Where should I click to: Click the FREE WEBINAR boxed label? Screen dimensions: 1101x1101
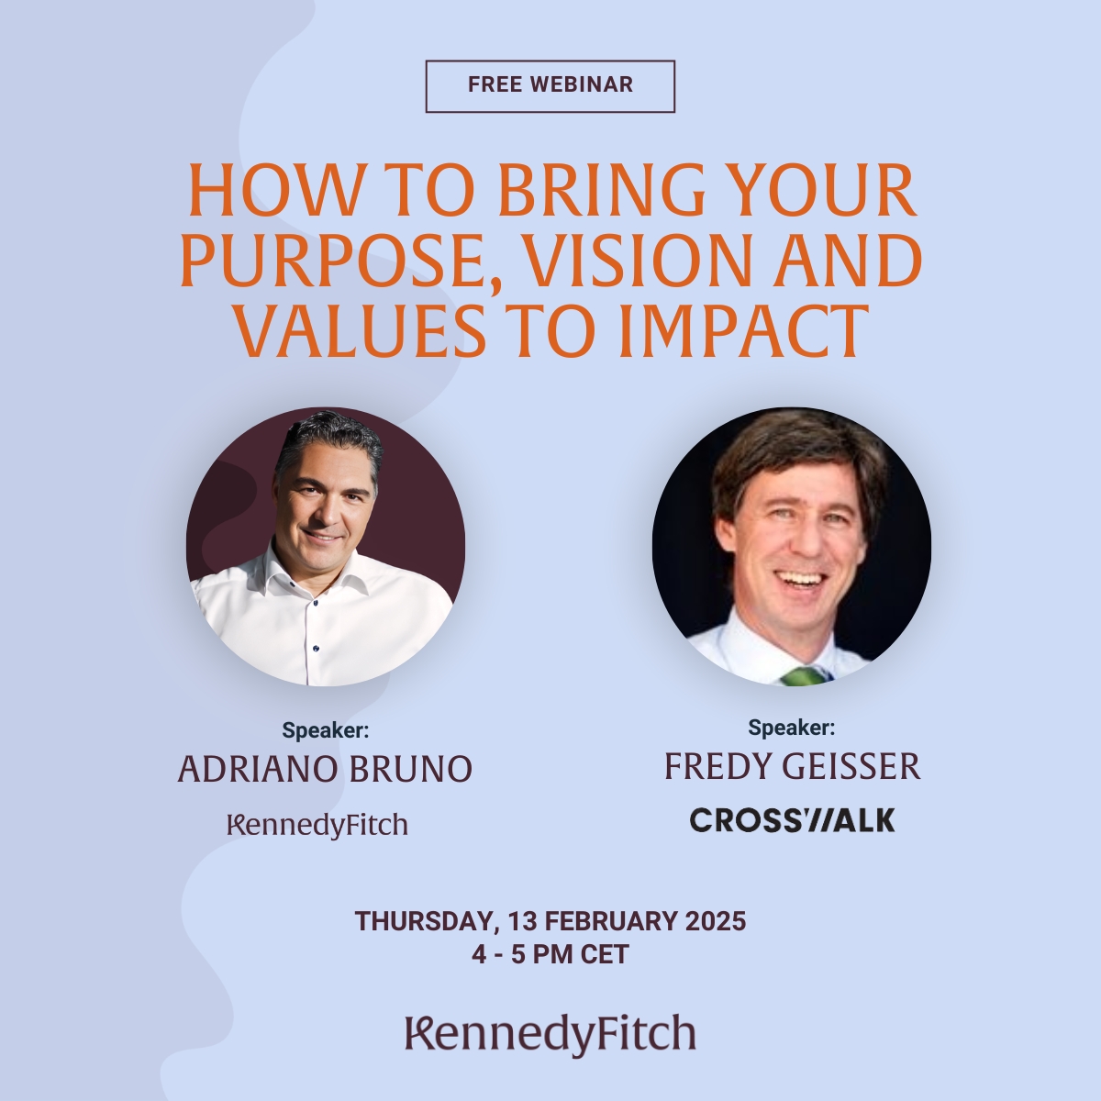click(550, 85)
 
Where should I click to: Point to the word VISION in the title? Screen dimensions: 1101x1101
click(635, 260)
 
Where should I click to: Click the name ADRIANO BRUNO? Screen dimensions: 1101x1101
click(325, 769)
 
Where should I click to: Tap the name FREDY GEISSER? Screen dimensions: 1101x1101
click(793, 766)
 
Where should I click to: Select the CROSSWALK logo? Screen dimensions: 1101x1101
click(793, 820)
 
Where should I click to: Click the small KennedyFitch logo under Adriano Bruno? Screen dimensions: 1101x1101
click(317, 826)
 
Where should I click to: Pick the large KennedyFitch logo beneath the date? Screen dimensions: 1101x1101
click(550, 1034)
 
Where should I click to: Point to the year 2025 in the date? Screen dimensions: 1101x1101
click(717, 921)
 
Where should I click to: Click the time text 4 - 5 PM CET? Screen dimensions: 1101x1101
click(550, 954)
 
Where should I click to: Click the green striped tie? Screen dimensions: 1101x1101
click(805, 676)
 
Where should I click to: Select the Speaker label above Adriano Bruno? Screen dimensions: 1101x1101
click(326, 730)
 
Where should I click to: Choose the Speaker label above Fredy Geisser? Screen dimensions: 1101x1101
click(792, 728)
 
